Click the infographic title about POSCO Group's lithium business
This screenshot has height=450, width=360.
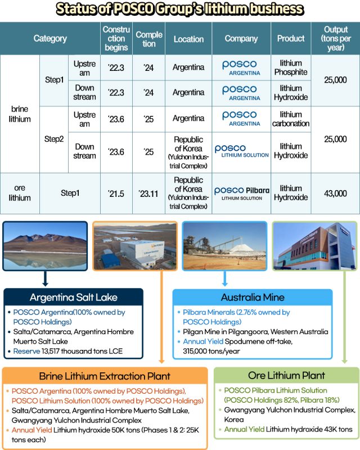pos(180,9)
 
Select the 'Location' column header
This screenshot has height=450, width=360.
pos(188,39)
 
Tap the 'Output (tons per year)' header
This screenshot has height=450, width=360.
pos(335,39)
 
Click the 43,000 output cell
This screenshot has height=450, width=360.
pos(335,193)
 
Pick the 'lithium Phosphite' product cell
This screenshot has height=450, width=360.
pos(290,67)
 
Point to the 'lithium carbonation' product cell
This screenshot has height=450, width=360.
pos(290,119)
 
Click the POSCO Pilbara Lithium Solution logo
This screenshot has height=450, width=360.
pos(241,193)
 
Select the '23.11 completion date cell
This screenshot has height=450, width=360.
pos(149,193)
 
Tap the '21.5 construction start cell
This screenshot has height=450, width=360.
pos(115,193)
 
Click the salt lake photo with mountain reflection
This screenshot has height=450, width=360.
pos(45,246)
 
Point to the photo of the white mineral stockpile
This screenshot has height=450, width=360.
pos(224,246)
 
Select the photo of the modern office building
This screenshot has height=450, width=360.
pos(314,246)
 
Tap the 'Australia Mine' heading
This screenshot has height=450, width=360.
pos(253,298)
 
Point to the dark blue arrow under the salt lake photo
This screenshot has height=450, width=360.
pos(45,279)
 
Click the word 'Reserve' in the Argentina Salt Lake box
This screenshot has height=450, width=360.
pos(26,352)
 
